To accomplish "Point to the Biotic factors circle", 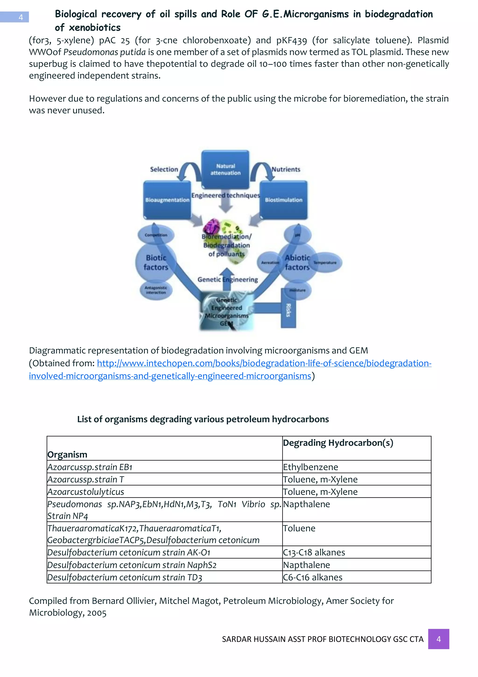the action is click(x=156, y=262).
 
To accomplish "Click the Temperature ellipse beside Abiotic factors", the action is click(x=325, y=262).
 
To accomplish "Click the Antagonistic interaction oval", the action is click(x=156, y=290).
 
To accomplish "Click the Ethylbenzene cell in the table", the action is click(x=310, y=467).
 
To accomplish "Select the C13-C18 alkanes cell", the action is click(x=314, y=552).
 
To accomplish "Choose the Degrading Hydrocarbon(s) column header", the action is click(x=338, y=443).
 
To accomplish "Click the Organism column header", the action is click(x=67, y=454).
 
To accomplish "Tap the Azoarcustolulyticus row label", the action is click(x=86, y=491).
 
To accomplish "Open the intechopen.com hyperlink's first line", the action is click(x=264, y=363).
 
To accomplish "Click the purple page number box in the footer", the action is click(x=438, y=639).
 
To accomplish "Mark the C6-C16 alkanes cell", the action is click(x=313, y=577).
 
